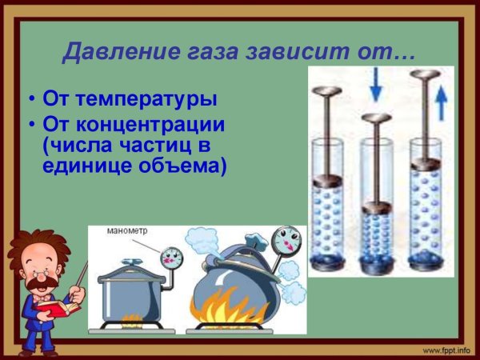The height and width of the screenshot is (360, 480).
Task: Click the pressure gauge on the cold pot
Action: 171,258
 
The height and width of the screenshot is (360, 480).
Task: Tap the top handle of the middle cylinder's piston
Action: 374,119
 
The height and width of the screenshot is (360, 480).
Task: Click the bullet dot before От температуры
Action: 31,102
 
